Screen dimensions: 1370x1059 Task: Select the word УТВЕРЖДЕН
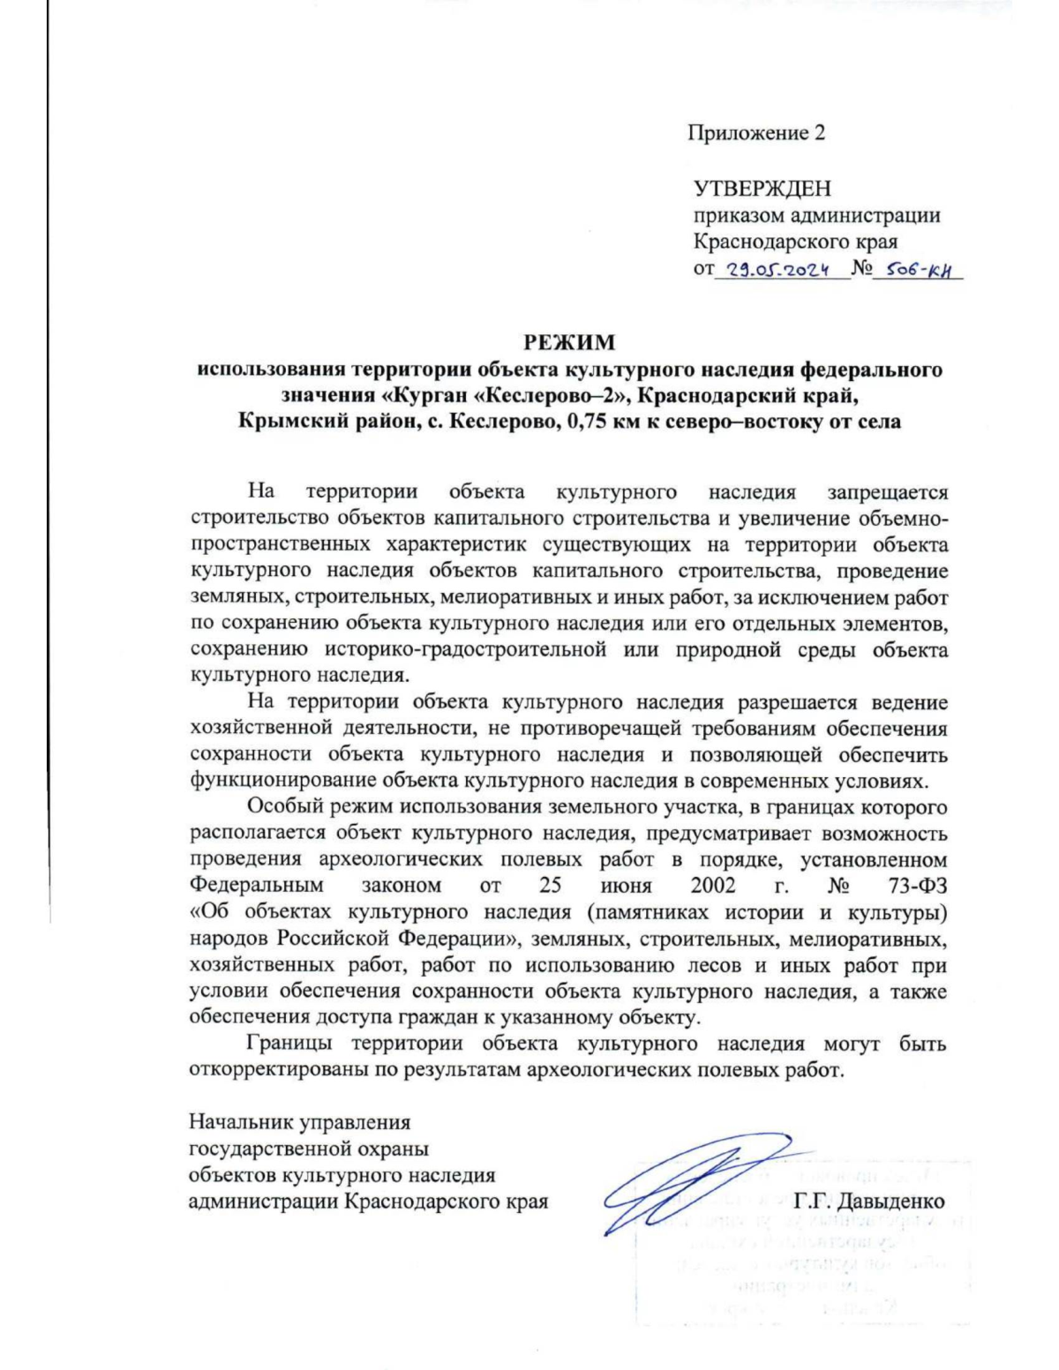(x=762, y=188)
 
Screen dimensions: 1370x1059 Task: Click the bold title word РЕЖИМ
(x=569, y=342)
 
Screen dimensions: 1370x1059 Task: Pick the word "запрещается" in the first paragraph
(x=887, y=491)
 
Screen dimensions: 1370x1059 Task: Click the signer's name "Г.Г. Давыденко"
(x=869, y=1202)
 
